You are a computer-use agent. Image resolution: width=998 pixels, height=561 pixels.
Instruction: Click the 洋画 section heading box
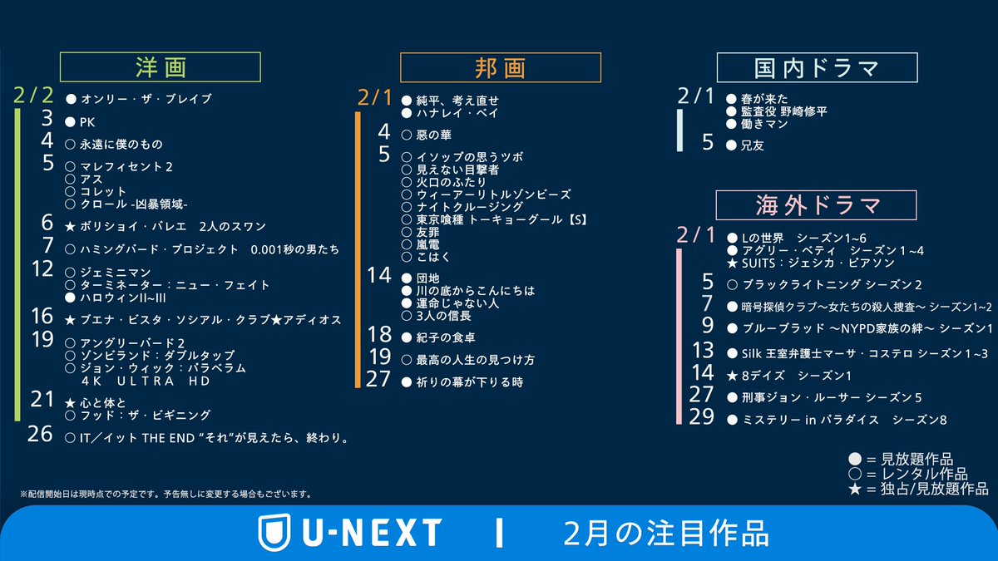click(161, 66)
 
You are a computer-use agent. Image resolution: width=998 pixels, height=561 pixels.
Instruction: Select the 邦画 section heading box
click(500, 67)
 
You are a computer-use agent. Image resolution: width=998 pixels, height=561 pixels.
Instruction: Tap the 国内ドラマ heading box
click(817, 67)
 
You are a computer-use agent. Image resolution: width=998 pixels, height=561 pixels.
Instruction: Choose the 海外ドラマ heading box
click(817, 204)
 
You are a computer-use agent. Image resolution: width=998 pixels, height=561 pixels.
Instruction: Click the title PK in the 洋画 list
click(88, 122)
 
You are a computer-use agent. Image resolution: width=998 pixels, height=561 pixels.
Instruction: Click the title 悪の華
click(435, 135)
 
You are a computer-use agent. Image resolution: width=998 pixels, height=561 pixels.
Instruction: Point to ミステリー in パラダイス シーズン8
click(837, 420)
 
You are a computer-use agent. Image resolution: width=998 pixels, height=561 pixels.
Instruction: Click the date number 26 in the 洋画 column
click(40, 434)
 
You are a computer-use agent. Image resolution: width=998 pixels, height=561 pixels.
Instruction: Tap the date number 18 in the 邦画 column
click(379, 335)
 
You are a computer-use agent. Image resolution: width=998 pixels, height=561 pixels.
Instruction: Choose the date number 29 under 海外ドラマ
click(702, 417)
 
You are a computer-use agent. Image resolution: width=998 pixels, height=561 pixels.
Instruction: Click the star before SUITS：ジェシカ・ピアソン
click(733, 263)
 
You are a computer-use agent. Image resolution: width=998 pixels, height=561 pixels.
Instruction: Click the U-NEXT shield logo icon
click(274, 533)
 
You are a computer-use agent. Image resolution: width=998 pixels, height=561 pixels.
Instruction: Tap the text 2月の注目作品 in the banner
click(666, 533)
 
